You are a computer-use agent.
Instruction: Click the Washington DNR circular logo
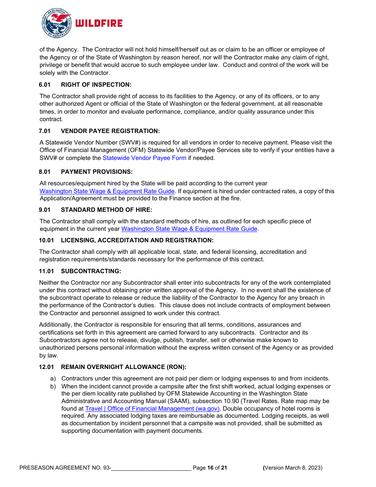click(57, 23)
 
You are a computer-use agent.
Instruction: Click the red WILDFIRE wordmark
click(99, 23)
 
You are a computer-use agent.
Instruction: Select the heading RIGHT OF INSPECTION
click(96, 85)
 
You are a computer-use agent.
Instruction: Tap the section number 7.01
click(45, 131)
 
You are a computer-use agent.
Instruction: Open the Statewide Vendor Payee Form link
click(144, 158)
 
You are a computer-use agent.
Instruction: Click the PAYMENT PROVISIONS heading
click(97, 172)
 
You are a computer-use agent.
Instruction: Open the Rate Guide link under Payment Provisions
click(107, 191)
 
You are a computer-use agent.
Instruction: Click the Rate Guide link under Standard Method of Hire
click(189, 229)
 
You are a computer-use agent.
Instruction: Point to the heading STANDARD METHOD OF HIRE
click(106, 210)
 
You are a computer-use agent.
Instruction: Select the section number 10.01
click(46, 240)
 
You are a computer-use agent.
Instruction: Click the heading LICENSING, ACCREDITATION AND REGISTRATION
click(137, 240)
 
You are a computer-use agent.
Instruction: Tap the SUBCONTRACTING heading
click(91, 271)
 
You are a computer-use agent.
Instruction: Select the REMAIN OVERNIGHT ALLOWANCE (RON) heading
click(123, 367)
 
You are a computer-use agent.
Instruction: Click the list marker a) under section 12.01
click(53, 379)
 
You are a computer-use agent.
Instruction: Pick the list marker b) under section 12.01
click(53, 386)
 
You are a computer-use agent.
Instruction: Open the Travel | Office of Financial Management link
click(152, 409)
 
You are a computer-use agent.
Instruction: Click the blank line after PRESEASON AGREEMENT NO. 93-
click(151, 468)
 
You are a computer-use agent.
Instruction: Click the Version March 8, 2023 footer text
click(293, 468)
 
